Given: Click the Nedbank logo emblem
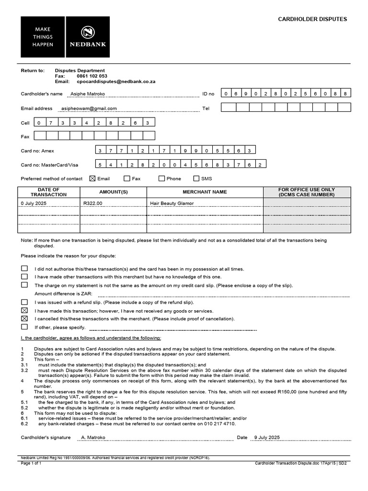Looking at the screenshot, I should point(88,32).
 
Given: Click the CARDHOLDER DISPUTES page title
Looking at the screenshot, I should point(312,19).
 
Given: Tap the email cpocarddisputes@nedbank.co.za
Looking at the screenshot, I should point(116,82).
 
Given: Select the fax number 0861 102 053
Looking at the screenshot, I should point(92,76).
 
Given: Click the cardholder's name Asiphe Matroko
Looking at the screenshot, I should point(88,94).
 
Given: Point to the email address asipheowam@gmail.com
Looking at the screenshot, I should point(89,108).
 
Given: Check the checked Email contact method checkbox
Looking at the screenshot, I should point(92,178).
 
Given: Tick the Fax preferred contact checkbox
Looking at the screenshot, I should point(127,178).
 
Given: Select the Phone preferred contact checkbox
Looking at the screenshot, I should point(161,178).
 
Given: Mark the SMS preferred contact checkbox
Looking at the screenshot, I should point(196,178).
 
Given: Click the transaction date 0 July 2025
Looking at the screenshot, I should point(34,203).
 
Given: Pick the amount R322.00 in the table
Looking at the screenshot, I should point(93,203).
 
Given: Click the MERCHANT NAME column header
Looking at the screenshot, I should point(205,192).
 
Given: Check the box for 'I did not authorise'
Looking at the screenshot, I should point(24,269).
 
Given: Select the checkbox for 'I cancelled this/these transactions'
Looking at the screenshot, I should point(24,318).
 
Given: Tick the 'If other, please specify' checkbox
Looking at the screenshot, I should point(24,327).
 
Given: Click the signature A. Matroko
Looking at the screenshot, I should point(93,437).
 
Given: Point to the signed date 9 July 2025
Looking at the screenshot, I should point(266,437).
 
